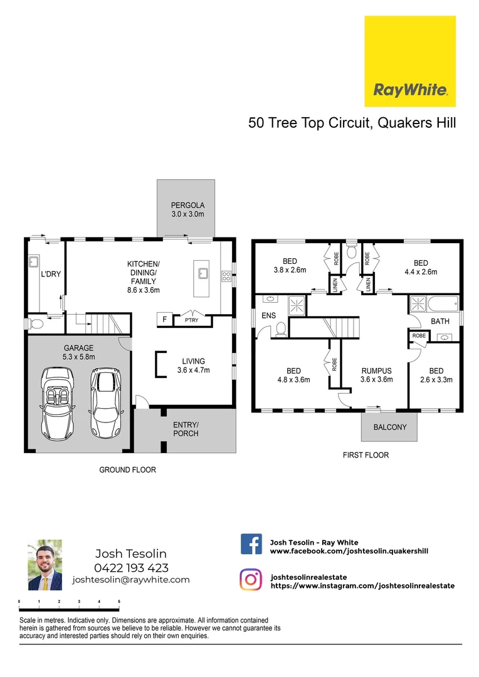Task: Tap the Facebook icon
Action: pyautogui.click(x=251, y=544)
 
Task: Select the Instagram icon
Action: pyautogui.click(x=251, y=580)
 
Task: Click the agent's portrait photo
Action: pyautogui.click(x=45, y=565)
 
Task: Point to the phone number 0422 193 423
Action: pyautogui.click(x=131, y=568)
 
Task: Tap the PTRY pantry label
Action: pyautogui.click(x=191, y=320)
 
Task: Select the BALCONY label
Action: pyautogui.click(x=390, y=428)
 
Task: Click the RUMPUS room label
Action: pyautogui.click(x=376, y=370)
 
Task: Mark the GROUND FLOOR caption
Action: pyautogui.click(x=128, y=470)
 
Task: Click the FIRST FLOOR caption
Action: pyautogui.click(x=366, y=455)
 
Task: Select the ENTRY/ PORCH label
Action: pyautogui.click(x=186, y=429)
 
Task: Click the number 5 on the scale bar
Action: pyautogui.click(x=119, y=601)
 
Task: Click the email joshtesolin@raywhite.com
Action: pyautogui.click(x=131, y=580)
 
